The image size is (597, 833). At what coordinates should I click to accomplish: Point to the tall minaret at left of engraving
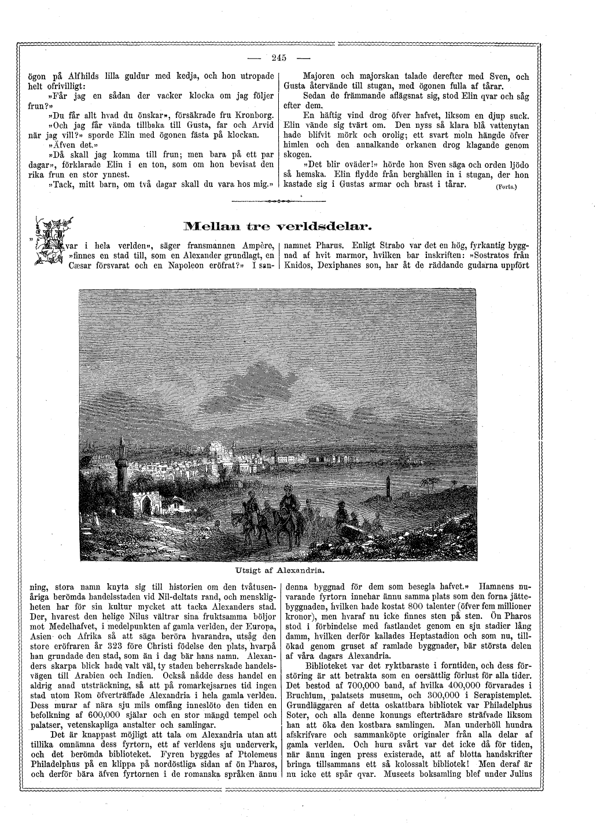pyautogui.click(x=121, y=463)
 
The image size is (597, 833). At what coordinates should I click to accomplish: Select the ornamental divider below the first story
pyautogui.click(x=278, y=201)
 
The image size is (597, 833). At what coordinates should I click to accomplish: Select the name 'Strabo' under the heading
pyautogui.click(x=388, y=245)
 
